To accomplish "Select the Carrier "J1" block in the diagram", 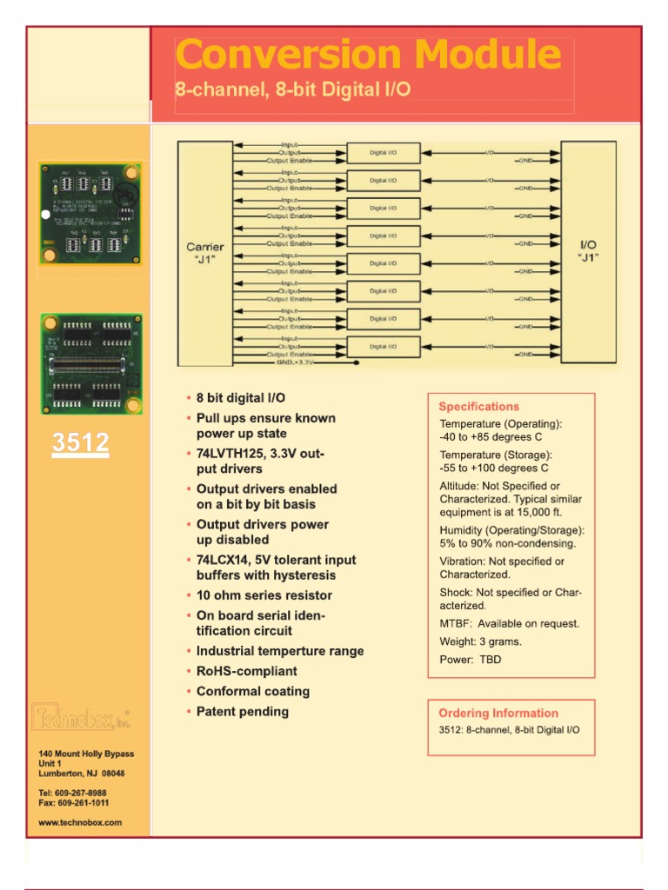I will click(x=205, y=252).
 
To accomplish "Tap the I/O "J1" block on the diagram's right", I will click(x=589, y=252).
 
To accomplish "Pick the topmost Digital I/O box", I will click(x=383, y=153).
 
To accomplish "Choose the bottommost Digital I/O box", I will click(x=383, y=347).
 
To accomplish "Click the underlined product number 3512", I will click(x=80, y=443).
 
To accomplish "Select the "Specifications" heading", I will click(x=478, y=407).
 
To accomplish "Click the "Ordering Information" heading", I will click(x=498, y=713).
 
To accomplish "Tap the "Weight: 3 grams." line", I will click(x=481, y=641).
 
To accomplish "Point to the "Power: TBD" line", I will click(x=471, y=660).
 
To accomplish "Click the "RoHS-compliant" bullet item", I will click(x=246, y=671).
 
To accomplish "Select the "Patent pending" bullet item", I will click(x=242, y=712).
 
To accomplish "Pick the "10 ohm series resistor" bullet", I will click(x=264, y=595).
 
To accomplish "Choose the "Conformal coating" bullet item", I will click(x=252, y=692).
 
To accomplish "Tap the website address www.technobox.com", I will click(x=80, y=821).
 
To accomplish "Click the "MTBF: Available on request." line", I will click(x=510, y=623).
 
